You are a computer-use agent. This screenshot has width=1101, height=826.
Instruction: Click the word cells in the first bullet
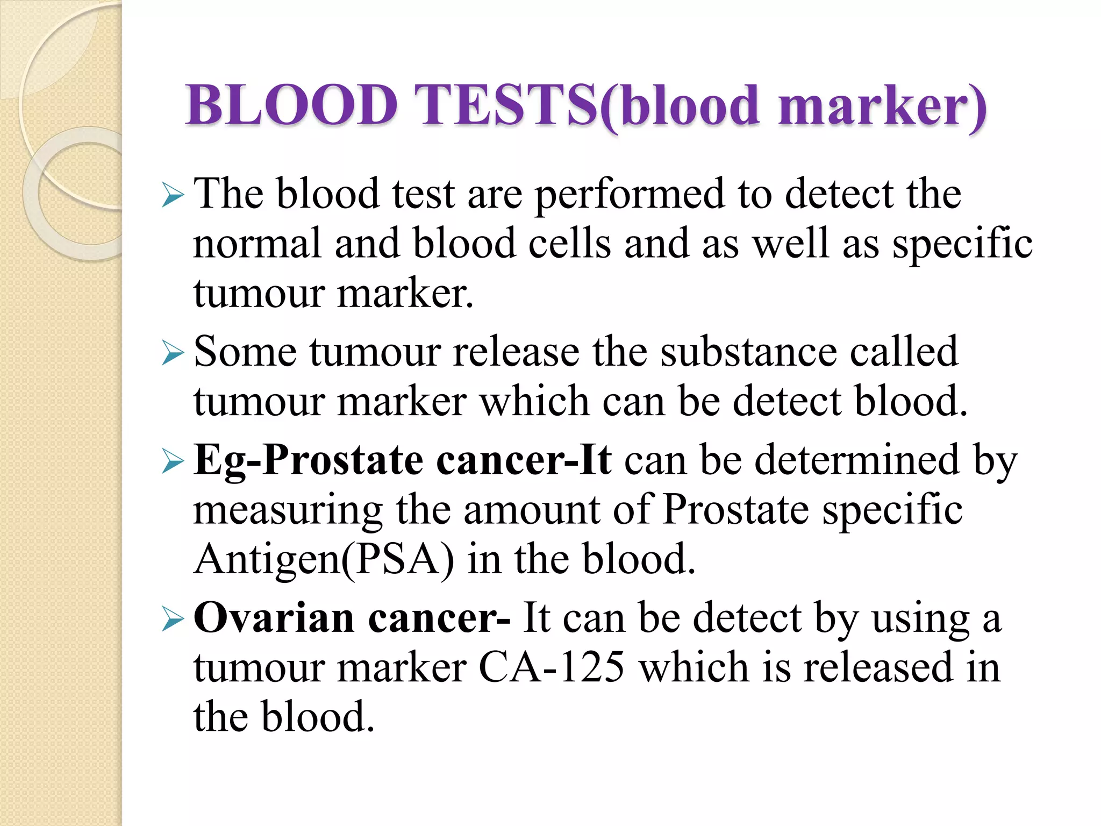point(569,244)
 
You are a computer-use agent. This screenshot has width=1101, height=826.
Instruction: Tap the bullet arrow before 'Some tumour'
point(173,354)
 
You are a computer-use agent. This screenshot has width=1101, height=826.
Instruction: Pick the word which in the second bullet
point(534,401)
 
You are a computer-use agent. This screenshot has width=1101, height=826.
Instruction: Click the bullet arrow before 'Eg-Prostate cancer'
point(173,462)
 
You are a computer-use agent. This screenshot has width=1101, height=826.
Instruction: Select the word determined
point(857,460)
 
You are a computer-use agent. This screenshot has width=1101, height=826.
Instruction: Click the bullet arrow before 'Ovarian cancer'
point(173,620)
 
